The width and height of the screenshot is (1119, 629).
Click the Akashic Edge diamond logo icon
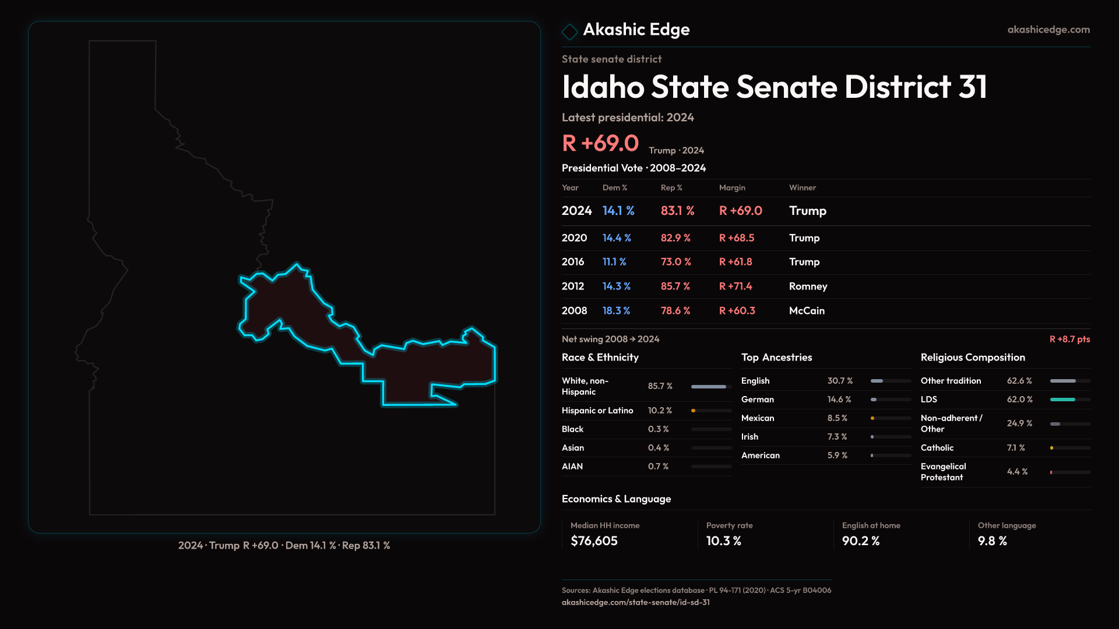pos(569,31)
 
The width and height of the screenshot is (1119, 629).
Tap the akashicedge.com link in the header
pos(1048,29)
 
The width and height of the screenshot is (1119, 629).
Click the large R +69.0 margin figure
pos(600,143)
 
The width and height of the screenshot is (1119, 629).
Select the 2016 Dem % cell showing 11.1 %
pos(614,262)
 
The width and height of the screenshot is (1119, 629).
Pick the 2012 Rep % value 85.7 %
pos(675,287)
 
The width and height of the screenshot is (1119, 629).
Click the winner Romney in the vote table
pos(808,287)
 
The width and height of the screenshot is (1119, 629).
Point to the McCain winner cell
pos(807,311)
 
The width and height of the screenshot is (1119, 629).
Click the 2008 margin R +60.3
pos(737,311)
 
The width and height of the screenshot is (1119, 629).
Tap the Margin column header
pos(732,188)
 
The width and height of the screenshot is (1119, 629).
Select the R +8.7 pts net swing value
pos(1069,339)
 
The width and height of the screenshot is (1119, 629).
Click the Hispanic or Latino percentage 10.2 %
pos(660,411)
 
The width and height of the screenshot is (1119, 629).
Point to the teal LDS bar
pos(1062,400)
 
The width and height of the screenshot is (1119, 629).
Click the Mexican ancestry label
pos(758,418)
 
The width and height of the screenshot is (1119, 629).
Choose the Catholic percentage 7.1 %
pos(1015,448)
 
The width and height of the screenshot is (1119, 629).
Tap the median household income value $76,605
pos(594,541)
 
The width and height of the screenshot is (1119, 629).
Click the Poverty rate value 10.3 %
pos(723,541)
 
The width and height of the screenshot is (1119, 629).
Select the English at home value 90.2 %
pos(860,541)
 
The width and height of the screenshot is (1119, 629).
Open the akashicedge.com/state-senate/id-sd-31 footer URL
pos(635,602)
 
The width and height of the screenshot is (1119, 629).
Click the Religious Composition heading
pos(973,358)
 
